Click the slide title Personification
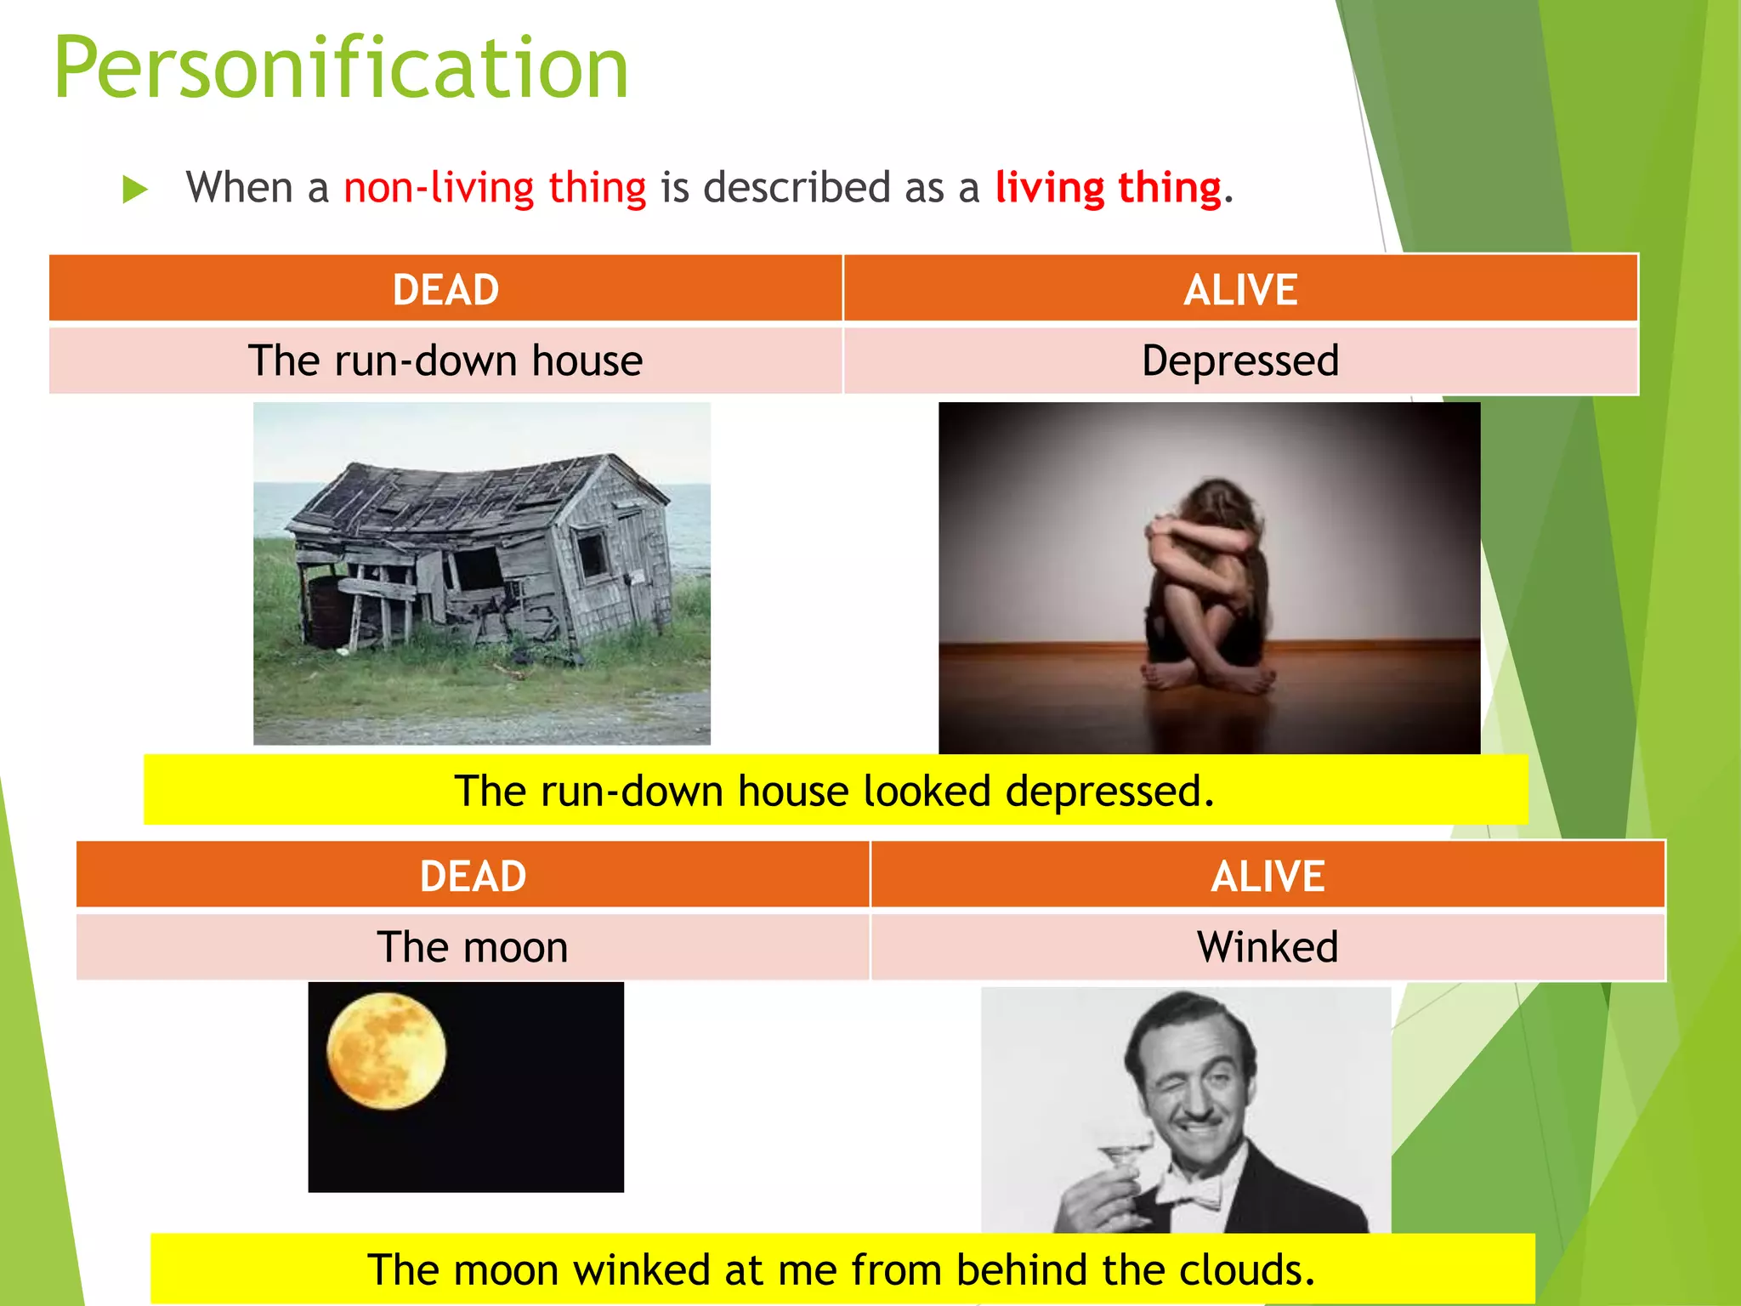340,70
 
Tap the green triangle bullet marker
134,189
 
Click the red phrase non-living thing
495,187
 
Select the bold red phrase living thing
1108,187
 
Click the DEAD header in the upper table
445,290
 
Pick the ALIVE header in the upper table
1240,290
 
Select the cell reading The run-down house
445,361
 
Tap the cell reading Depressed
1240,361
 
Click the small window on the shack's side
593,553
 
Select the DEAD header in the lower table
473,877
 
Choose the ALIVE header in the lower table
1267,877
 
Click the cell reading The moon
473,947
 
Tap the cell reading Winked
1267,947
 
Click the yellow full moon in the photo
387,1052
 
